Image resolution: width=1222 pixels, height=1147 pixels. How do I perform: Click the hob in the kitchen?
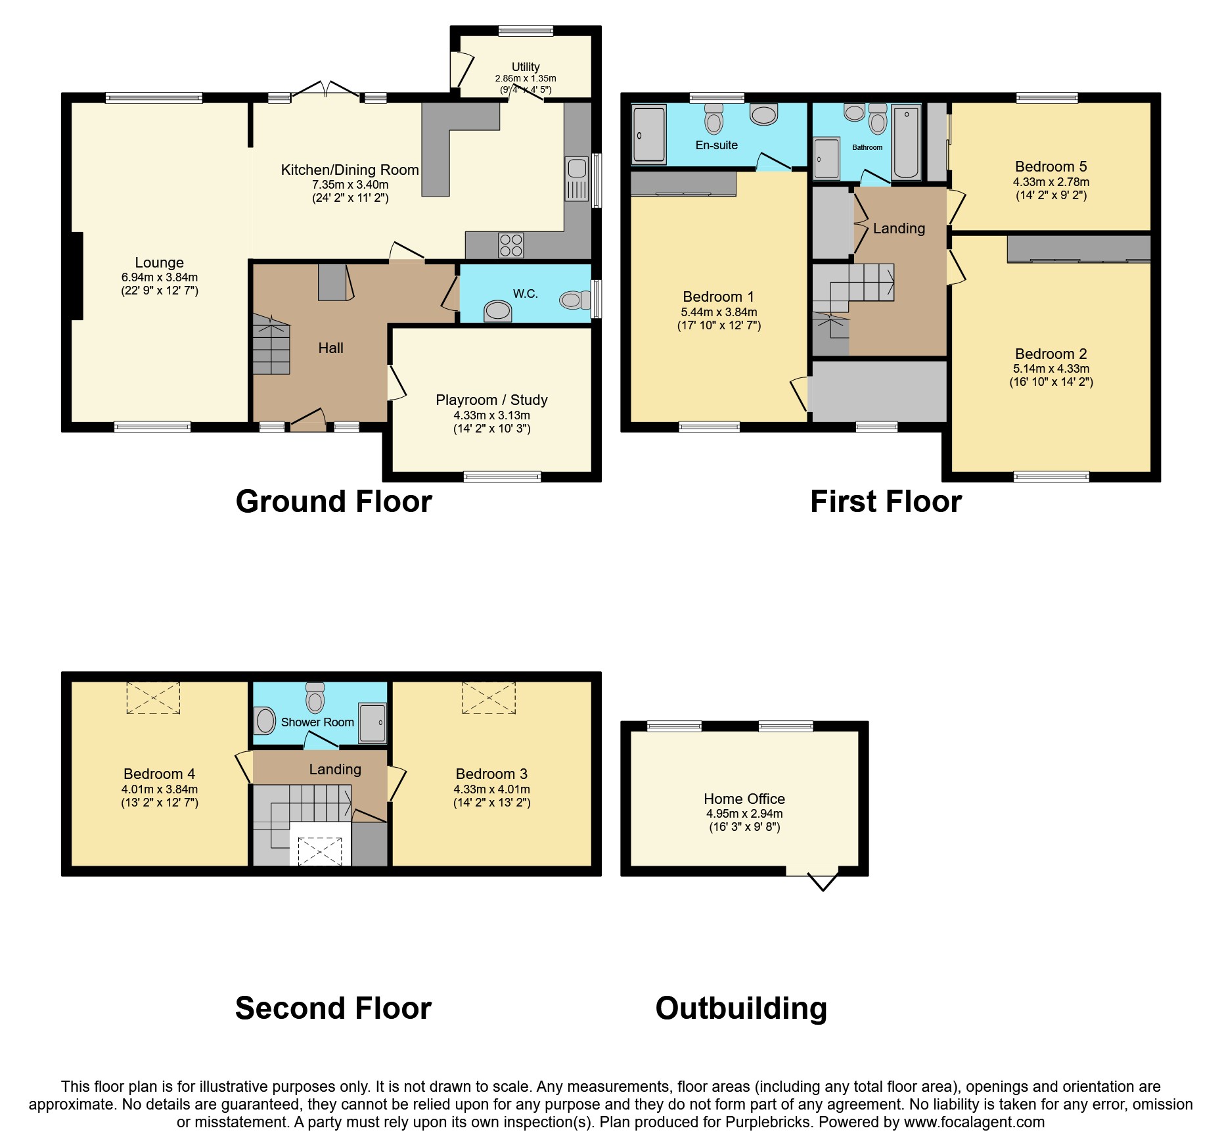tap(511, 245)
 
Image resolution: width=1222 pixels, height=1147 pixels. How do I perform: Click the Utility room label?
tap(526, 67)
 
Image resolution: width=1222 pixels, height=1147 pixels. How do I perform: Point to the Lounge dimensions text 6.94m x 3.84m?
tap(160, 277)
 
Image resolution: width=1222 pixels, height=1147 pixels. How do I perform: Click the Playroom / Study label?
tap(491, 400)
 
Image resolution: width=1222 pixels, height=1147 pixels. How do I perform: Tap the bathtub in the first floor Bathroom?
tap(906, 143)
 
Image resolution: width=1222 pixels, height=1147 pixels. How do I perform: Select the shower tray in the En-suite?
tap(649, 134)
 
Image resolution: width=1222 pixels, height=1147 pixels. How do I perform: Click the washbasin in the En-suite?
tap(764, 115)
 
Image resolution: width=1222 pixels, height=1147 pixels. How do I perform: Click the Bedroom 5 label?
tap(1051, 166)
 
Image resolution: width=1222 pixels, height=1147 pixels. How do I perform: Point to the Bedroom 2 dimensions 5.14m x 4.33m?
tap(1051, 369)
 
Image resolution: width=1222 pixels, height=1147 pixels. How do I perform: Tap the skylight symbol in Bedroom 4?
tap(153, 697)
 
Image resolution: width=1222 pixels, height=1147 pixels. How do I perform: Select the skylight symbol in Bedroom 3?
tap(489, 697)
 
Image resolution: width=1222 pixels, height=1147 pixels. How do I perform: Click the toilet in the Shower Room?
tap(315, 699)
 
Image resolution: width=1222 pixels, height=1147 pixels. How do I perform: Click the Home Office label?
tap(744, 799)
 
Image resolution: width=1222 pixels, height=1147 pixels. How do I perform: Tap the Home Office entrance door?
tap(821, 879)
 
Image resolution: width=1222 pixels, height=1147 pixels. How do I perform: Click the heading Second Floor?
tap(333, 1008)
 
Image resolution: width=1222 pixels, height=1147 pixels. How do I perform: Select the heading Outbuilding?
tap(741, 1008)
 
